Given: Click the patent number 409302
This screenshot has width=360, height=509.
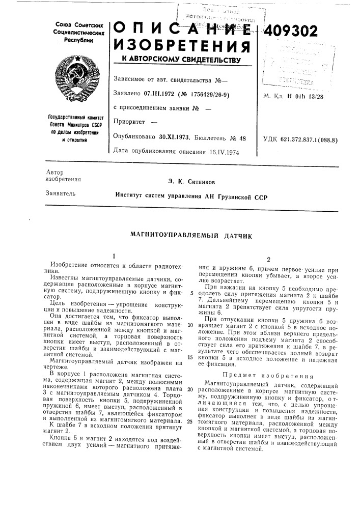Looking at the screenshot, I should (x=291, y=31).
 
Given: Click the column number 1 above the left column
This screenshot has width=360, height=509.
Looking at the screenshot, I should (x=115, y=256).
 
